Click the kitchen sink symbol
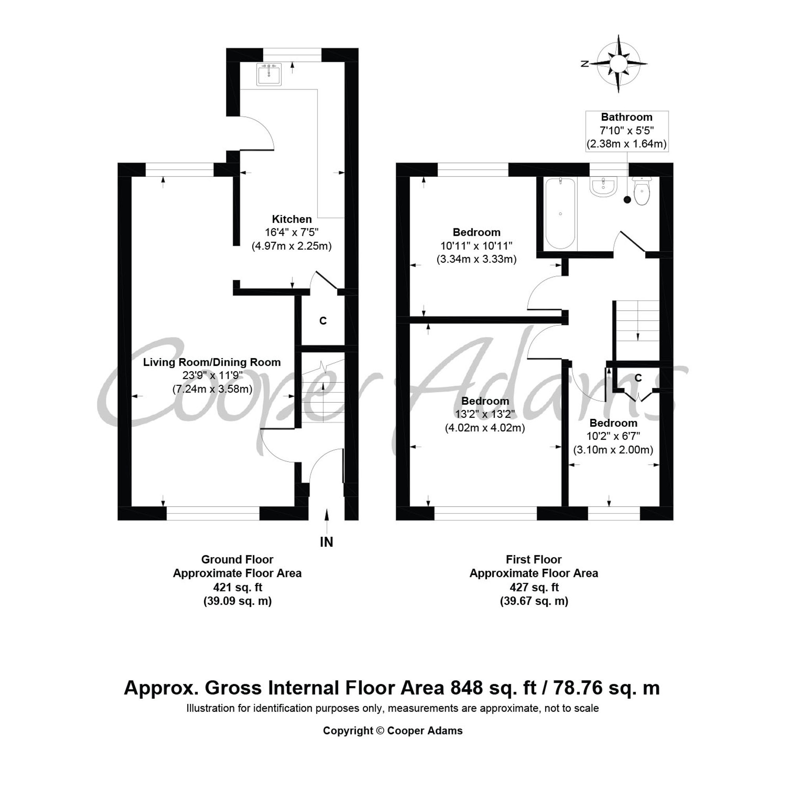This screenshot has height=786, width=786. [x=269, y=74]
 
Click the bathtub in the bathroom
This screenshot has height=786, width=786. [x=561, y=213]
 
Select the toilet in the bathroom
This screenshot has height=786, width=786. [x=642, y=191]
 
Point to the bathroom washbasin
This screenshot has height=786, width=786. [x=604, y=188]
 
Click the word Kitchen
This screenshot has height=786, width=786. [x=292, y=219]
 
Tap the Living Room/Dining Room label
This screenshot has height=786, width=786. [x=212, y=362]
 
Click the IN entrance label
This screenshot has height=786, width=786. [x=327, y=542]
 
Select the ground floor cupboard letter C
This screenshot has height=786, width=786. [x=323, y=321]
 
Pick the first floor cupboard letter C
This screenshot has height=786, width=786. [x=638, y=378]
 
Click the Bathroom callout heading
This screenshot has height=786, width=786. [x=626, y=117]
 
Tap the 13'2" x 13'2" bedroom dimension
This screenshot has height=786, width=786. [x=485, y=414]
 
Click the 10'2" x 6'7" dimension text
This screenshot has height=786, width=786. [x=613, y=436]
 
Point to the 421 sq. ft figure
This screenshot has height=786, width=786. [x=238, y=588]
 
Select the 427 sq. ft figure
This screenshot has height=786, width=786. [x=534, y=588]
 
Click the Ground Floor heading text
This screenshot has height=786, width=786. [x=237, y=559]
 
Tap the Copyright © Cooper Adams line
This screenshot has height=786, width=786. [x=393, y=731]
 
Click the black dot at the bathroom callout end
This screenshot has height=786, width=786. [x=627, y=199]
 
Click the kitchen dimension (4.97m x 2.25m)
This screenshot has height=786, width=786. [x=292, y=246]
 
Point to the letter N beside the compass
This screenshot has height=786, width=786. [x=585, y=64]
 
